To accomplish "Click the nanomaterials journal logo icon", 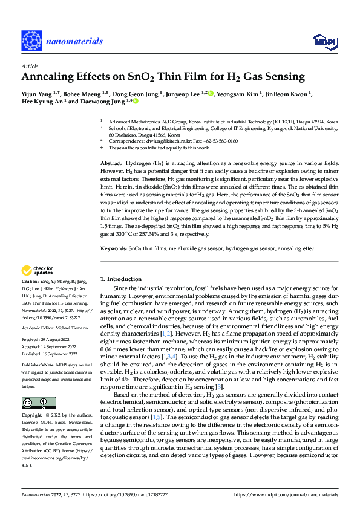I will pyautogui.click(x=33, y=41).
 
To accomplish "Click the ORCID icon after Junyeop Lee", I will pyautogui.click(x=211, y=93).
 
